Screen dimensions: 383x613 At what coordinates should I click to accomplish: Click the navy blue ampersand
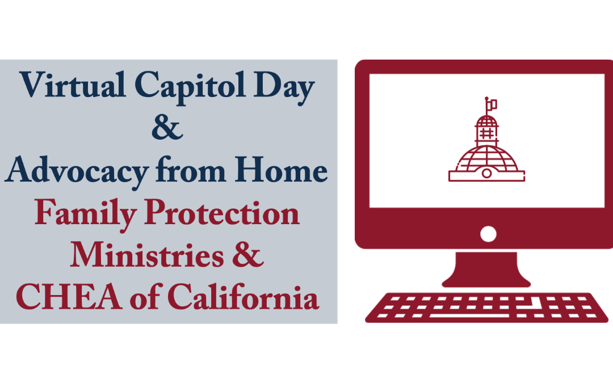[167, 128]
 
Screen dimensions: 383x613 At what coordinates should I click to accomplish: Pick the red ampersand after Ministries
[248, 256]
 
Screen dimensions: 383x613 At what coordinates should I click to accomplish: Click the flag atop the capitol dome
[492, 104]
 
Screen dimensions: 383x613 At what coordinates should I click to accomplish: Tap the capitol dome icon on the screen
[487, 150]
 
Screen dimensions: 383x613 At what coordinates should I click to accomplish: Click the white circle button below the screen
[488, 233]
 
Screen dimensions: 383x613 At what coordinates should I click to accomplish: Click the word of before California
[166, 298]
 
